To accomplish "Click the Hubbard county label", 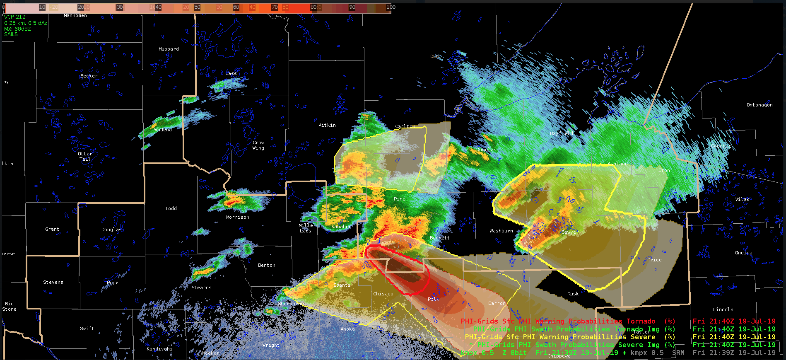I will pyautogui.click(x=169, y=49).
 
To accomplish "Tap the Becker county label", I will pyautogui.click(x=89, y=76).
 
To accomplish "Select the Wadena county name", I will pyautogui.click(x=163, y=130).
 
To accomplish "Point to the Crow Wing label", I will pyautogui.click(x=258, y=145).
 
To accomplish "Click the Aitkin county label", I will pyautogui.click(x=327, y=125).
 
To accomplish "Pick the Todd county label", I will pyautogui.click(x=171, y=208).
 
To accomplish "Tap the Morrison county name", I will pyautogui.click(x=237, y=217).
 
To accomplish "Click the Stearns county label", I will pyautogui.click(x=201, y=288).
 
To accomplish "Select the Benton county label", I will pyautogui.click(x=266, y=265).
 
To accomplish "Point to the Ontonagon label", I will pyautogui.click(x=759, y=105).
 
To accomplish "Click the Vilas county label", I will pyautogui.click(x=742, y=199).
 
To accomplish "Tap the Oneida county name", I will pyautogui.click(x=743, y=253).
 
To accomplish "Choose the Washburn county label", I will pyautogui.click(x=501, y=231).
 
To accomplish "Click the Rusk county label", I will pyautogui.click(x=573, y=294).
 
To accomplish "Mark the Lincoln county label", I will pyautogui.click(x=723, y=309).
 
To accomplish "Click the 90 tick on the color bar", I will pyautogui.click(x=352, y=7).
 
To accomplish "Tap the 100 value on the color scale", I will pyautogui.click(x=391, y=7).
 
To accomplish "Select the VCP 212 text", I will pyautogui.click(x=15, y=17).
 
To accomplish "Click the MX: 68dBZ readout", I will pyautogui.click(x=17, y=29).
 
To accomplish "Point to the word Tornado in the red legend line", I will pyautogui.click(x=641, y=321).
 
